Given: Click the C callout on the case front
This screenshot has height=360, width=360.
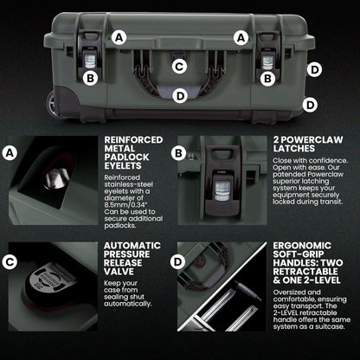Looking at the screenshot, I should pos(179,66).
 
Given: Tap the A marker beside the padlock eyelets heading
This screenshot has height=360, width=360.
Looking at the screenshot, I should pos(10,153).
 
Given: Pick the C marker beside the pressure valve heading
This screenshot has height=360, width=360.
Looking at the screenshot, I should pos(10,260).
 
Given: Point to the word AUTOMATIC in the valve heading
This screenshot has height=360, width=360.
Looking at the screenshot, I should pos(131,246).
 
